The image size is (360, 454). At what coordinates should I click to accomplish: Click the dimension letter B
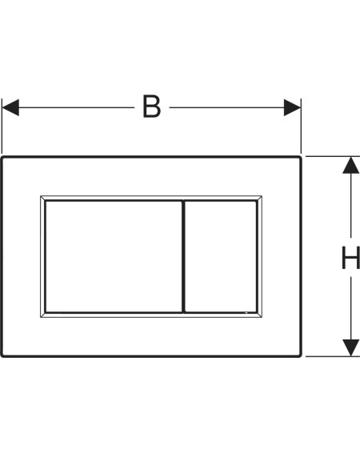click(152, 106)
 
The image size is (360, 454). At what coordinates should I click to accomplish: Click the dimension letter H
click(350, 258)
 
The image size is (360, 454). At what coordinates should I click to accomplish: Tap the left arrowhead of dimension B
click(10, 107)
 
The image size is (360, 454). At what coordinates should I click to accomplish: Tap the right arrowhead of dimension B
click(292, 107)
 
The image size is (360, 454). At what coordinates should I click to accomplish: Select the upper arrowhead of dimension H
click(350, 165)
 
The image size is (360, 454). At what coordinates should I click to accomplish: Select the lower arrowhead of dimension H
click(350, 348)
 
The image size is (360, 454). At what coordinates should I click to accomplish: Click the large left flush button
click(114, 256)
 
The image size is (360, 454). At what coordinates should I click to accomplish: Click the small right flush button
click(221, 256)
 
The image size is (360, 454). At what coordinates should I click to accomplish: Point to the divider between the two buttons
click(183, 256)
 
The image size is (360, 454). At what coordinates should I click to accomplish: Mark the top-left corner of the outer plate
click(2, 158)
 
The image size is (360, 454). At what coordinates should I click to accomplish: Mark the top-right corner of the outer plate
click(300, 158)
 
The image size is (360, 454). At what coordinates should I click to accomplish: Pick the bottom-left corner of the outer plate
click(2, 356)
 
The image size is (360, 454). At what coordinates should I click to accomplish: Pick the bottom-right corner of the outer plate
click(300, 356)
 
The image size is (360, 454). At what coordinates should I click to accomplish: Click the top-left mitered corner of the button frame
click(43, 198)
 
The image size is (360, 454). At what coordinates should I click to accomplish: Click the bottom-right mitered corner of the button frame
click(259, 315)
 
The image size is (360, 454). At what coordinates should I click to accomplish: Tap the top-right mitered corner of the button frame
click(259, 198)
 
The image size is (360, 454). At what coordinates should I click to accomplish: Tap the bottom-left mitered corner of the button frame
click(43, 315)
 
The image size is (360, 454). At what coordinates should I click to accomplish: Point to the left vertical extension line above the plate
click(2, 126)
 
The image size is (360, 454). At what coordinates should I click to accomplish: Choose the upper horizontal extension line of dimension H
click(333, 156)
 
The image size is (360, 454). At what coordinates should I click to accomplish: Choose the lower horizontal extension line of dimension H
click(333, 356)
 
